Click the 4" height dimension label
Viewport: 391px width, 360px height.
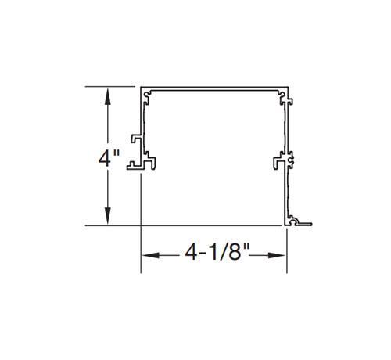click(x=109, y=158)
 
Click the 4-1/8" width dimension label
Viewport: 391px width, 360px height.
click(x=217, y=252)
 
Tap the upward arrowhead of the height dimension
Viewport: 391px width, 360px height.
click(x=108, y=96)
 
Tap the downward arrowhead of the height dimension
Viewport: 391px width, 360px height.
click(x=108, y=216)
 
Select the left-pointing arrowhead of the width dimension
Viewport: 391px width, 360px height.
click(x=150, y=255)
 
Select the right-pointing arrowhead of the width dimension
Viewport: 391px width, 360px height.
click(x=278, y=255)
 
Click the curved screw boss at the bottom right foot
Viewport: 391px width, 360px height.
click(x=295, y=221)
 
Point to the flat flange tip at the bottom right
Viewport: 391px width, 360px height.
click(x=306, y=224)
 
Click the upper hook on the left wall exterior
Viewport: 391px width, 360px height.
click(x=136, y=139)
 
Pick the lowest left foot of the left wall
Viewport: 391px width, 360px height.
click(x=135, y=166)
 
